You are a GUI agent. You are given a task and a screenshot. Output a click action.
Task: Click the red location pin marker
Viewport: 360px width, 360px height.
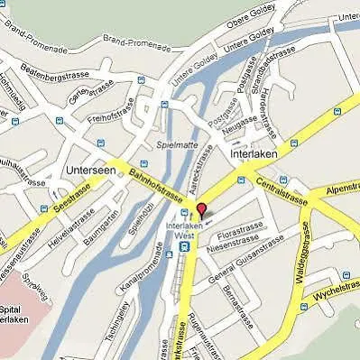coord(200,211)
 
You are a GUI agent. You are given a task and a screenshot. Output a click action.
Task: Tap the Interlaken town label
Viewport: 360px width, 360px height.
coord(255,154)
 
